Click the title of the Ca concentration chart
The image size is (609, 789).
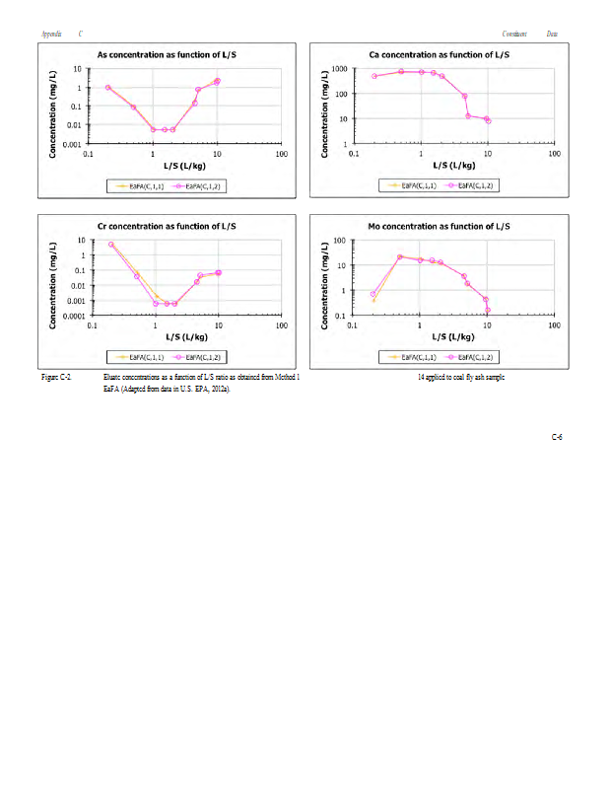(x=438, y=54)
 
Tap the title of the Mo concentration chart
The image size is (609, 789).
(x=438, y=226)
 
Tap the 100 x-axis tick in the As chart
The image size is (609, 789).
(x=282, y=155)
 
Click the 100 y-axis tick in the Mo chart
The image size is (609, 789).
(x=336, y=241)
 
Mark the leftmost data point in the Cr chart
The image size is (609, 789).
(x=111, y=245)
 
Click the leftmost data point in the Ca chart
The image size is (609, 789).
(x=374, y=76)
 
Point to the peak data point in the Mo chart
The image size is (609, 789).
(x=400, y=256)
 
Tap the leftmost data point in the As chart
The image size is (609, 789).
(x=108, y=88)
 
